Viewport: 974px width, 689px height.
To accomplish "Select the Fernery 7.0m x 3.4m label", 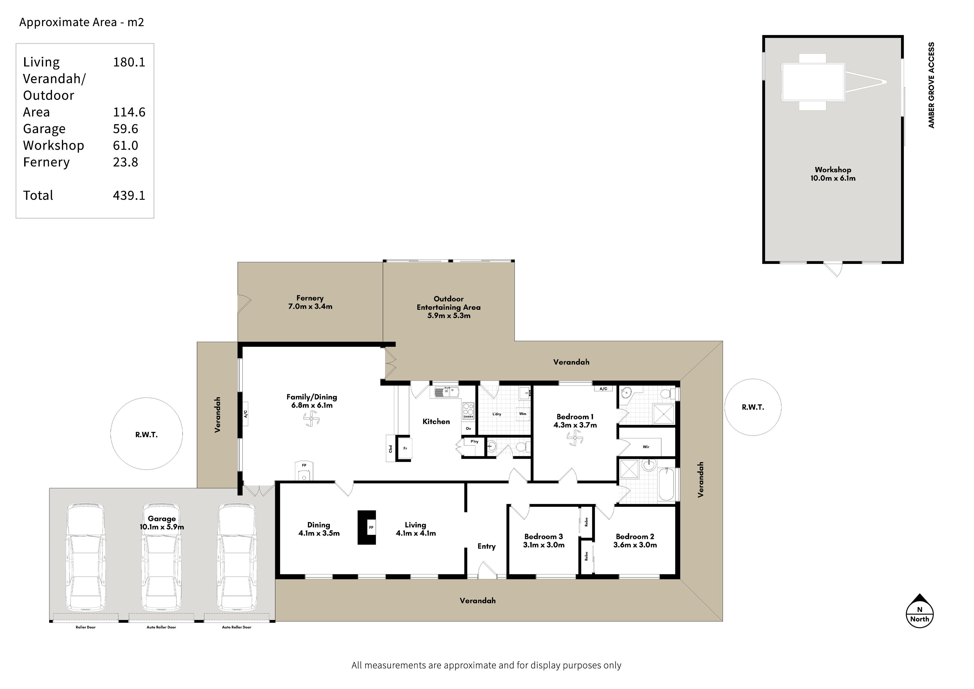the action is [x=310, y=302].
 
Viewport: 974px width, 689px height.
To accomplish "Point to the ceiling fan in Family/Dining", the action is [x=311, y=419].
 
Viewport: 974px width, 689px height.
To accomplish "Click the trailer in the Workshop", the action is [x=834, y=82].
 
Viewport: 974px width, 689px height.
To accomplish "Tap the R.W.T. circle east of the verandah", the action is [x=753, y=407].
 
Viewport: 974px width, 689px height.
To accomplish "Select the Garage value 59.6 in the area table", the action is [x=125, y=129].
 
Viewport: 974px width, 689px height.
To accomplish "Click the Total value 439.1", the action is [x=129, y=195].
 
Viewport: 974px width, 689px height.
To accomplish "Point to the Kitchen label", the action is [x=436, y=421].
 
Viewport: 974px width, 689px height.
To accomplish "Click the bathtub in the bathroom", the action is [x=666, y=484].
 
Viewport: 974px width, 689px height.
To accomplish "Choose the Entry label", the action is [x=486, y=546].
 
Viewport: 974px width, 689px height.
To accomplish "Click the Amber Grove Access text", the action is [x=931, y=85].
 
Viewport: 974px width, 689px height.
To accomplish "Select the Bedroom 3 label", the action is [x=543, y=536].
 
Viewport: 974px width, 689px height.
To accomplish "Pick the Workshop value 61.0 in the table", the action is [x=125, y=145].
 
